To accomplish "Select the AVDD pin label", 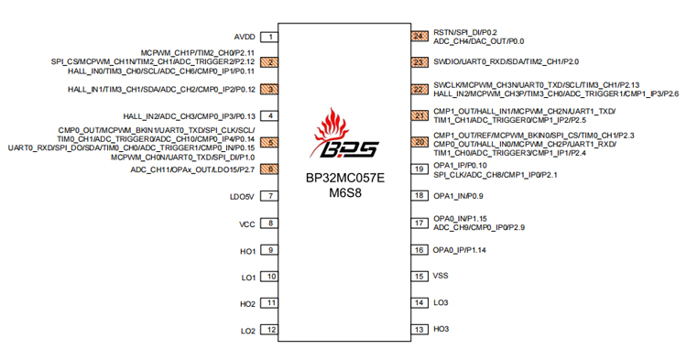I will (x=244, y=37).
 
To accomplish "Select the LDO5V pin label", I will (x=242, y=195).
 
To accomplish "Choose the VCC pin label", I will (x=246, y=224).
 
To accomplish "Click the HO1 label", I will (x=247, y=250).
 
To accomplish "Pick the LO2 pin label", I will (x=247, y=331).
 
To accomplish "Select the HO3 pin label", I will (x=442, y=329).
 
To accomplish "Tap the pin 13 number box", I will (x=420, y=329).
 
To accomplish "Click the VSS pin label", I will (x=442, y=276).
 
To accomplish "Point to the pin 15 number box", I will (x=420, y=276).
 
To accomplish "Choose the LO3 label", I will (x=442, y=302).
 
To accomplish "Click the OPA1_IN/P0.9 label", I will (x=458, y=196).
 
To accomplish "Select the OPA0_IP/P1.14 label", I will (x=460, y=250).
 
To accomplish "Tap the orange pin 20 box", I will (x=420, y=142).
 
